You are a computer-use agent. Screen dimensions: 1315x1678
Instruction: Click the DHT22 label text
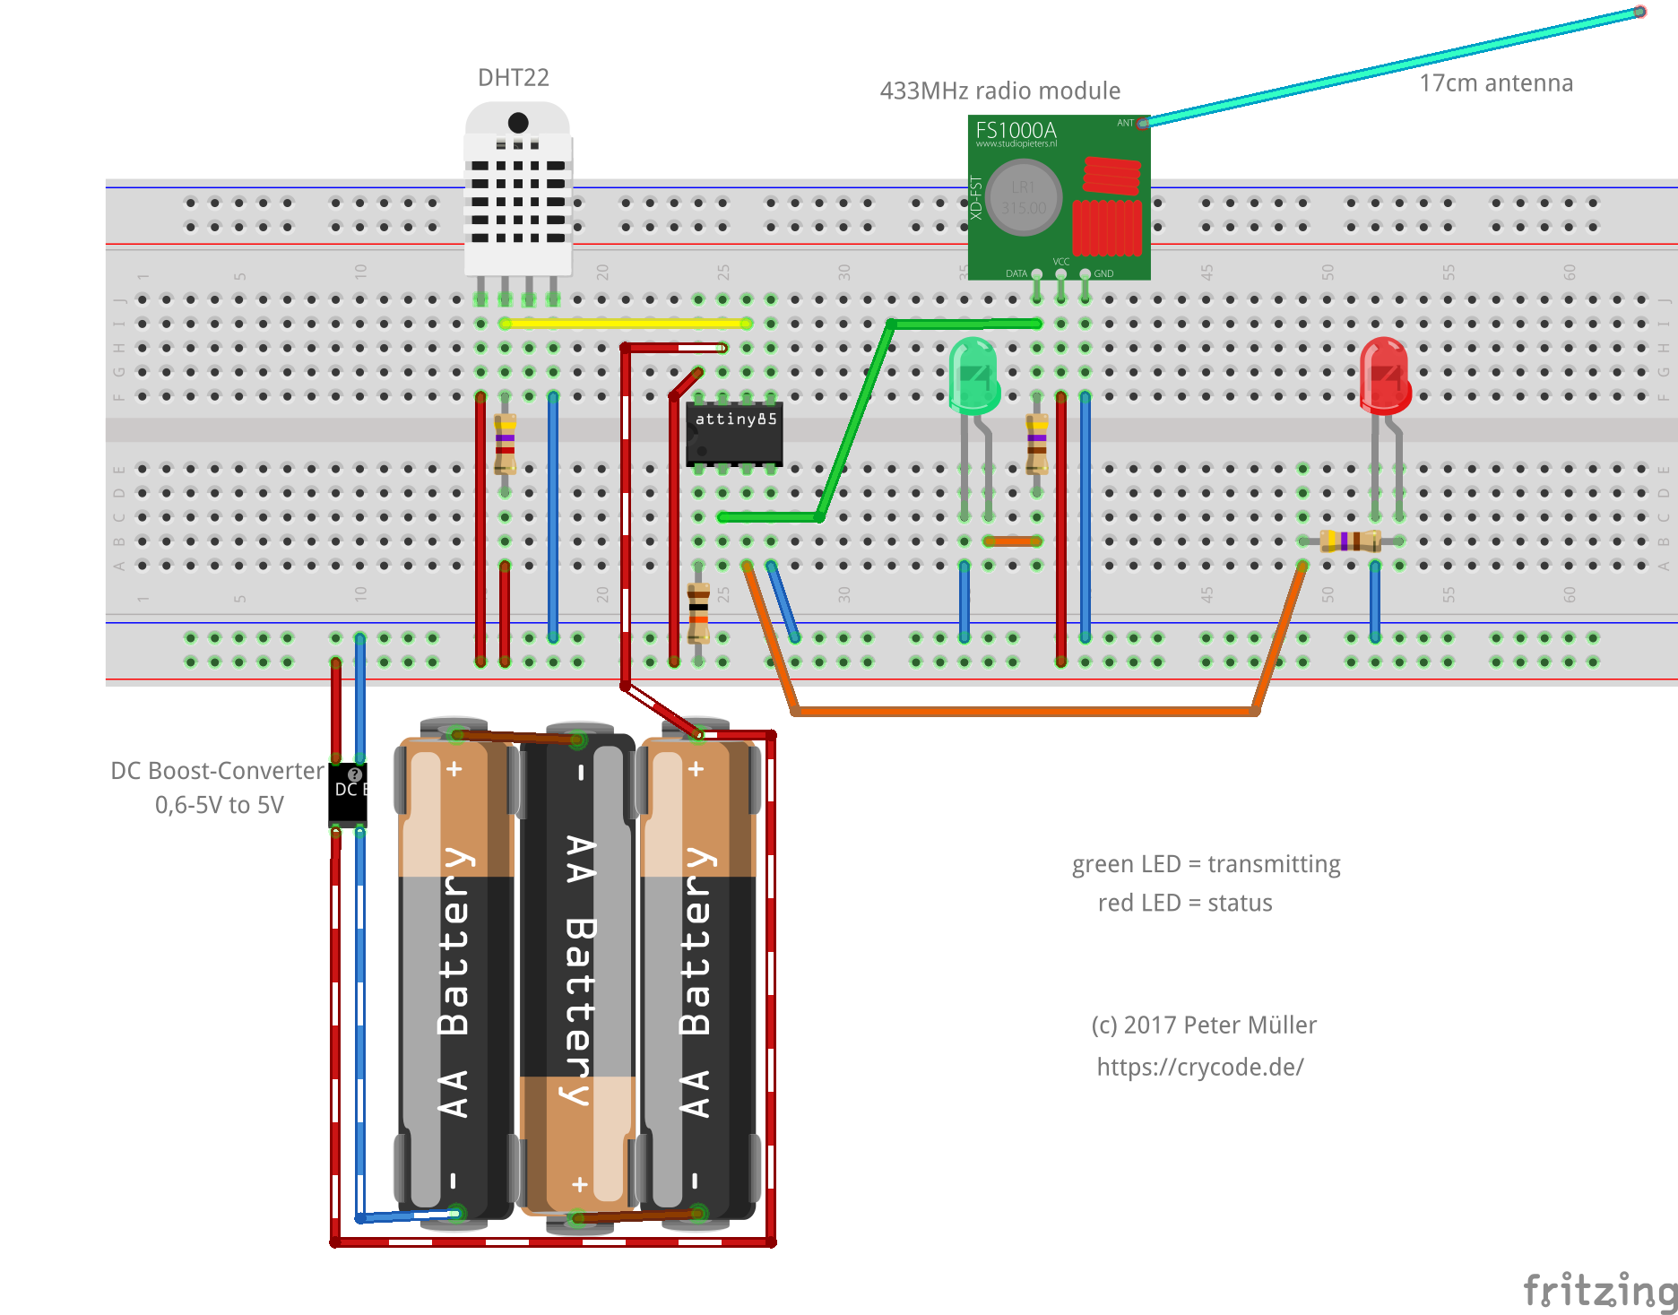[x=513, y=78]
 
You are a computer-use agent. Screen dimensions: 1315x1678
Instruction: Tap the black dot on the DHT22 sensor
[x=518, y=122]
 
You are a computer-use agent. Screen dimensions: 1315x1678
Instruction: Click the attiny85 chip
[x=734, y=434]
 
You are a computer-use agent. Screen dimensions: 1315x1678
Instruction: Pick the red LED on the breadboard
[x=1384, y=376]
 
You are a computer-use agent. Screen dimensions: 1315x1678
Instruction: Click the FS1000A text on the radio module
[x=1016, y=131]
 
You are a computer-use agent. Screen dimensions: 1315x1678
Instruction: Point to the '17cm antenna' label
[x=1495, y=83]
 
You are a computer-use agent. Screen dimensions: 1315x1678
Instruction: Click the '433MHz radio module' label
[x=999, y=91]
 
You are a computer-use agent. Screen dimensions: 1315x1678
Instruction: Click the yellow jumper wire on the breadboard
[x=625, y=324]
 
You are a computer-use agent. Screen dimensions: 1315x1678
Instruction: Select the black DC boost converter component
[x=347, y=793]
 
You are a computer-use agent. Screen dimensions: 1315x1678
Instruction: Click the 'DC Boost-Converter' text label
[x=217, y=771]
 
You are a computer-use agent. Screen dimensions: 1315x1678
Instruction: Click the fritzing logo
[x=1598, y=1291]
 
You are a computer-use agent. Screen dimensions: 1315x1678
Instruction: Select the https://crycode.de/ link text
[x=1199, y=1067]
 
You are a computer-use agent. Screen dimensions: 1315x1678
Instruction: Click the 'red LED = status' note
[x=1184, y=903]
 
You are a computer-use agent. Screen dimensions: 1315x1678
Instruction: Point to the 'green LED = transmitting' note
[x=1206, y=864]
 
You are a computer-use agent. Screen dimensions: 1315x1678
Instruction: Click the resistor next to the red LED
[x=1350, y=541]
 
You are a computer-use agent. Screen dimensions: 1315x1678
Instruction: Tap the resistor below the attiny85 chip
[x=698, y=612]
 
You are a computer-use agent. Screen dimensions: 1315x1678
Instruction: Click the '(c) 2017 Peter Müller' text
[x=1203, y=1025]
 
